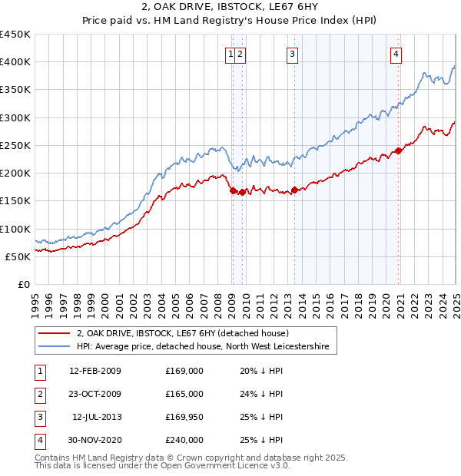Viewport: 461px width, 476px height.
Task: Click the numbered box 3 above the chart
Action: point(293,54)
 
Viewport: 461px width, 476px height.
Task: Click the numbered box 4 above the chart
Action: point(396,54)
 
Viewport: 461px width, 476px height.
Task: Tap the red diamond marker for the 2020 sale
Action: point(399,150)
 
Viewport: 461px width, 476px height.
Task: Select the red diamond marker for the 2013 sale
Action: point(294,190)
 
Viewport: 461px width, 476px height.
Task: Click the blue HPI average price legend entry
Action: point(202,347)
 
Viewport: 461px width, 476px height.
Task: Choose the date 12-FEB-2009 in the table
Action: point(95,371)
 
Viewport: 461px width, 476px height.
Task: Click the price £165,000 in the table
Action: point(184,394)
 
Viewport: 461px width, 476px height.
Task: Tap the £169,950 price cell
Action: point(184,417)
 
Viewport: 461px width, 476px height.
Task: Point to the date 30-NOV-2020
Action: point(95,440)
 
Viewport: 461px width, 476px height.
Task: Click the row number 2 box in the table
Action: point(38,394)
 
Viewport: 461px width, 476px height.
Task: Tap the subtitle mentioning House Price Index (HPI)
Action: point(230,22)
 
